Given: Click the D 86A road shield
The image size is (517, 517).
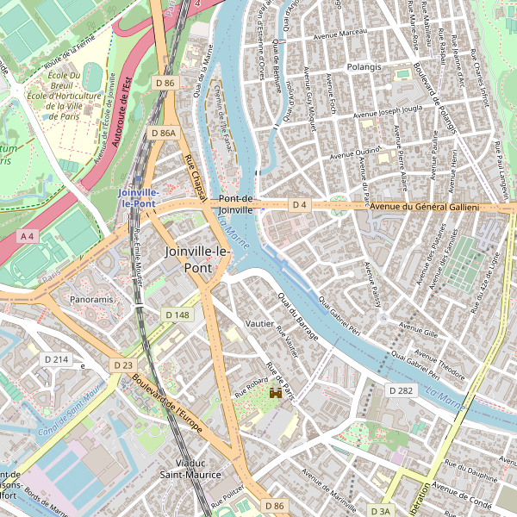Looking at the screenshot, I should click(x=163, y=134).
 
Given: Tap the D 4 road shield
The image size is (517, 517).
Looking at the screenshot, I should click(x=299, y=205).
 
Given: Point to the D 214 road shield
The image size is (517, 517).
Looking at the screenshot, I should click(x=57, y=358).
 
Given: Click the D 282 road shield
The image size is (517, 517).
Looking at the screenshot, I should click(x=401, y=390).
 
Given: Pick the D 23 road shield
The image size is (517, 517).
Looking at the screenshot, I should click(x=123, y=365).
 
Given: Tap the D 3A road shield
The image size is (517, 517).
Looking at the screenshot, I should click(x=379, y=511).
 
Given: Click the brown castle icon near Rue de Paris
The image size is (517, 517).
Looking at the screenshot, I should click(x=276, y=393).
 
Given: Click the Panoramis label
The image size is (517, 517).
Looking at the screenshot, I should click(x=91, y=300).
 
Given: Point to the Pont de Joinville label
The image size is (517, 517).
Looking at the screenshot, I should click(x=235, y=203).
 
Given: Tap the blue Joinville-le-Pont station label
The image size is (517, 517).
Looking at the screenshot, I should click(x=138, y=197).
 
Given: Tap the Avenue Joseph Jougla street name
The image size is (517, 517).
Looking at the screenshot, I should click(x=389, y=111).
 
